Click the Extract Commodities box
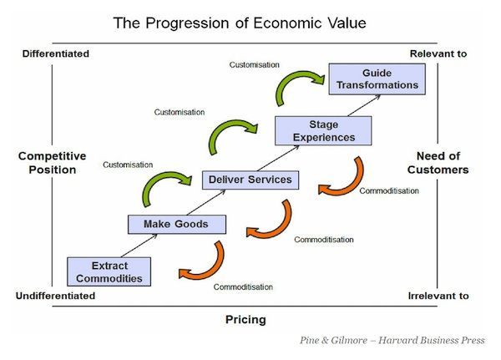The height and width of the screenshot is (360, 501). coord(109,271)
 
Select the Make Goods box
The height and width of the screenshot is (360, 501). coord(177,225)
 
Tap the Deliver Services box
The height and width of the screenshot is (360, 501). coord(250,180)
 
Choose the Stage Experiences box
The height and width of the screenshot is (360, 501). coord(323,131)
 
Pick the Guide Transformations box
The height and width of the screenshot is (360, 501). coord(377,79)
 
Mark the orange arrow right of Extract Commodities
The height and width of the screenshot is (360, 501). coord(210,273)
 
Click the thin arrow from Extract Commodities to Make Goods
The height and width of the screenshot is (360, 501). coord(139,246)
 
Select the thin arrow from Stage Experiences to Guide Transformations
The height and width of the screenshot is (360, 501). coord(364,105)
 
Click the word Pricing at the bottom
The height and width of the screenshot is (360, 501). coord(245,319)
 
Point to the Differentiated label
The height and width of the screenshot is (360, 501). coord(56,53)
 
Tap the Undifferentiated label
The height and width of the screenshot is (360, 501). coord(55,296)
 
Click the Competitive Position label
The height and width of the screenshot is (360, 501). coord(53,163)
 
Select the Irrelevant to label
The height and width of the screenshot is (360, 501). coord(438,296)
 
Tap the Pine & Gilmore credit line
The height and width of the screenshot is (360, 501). coord(392,340)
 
